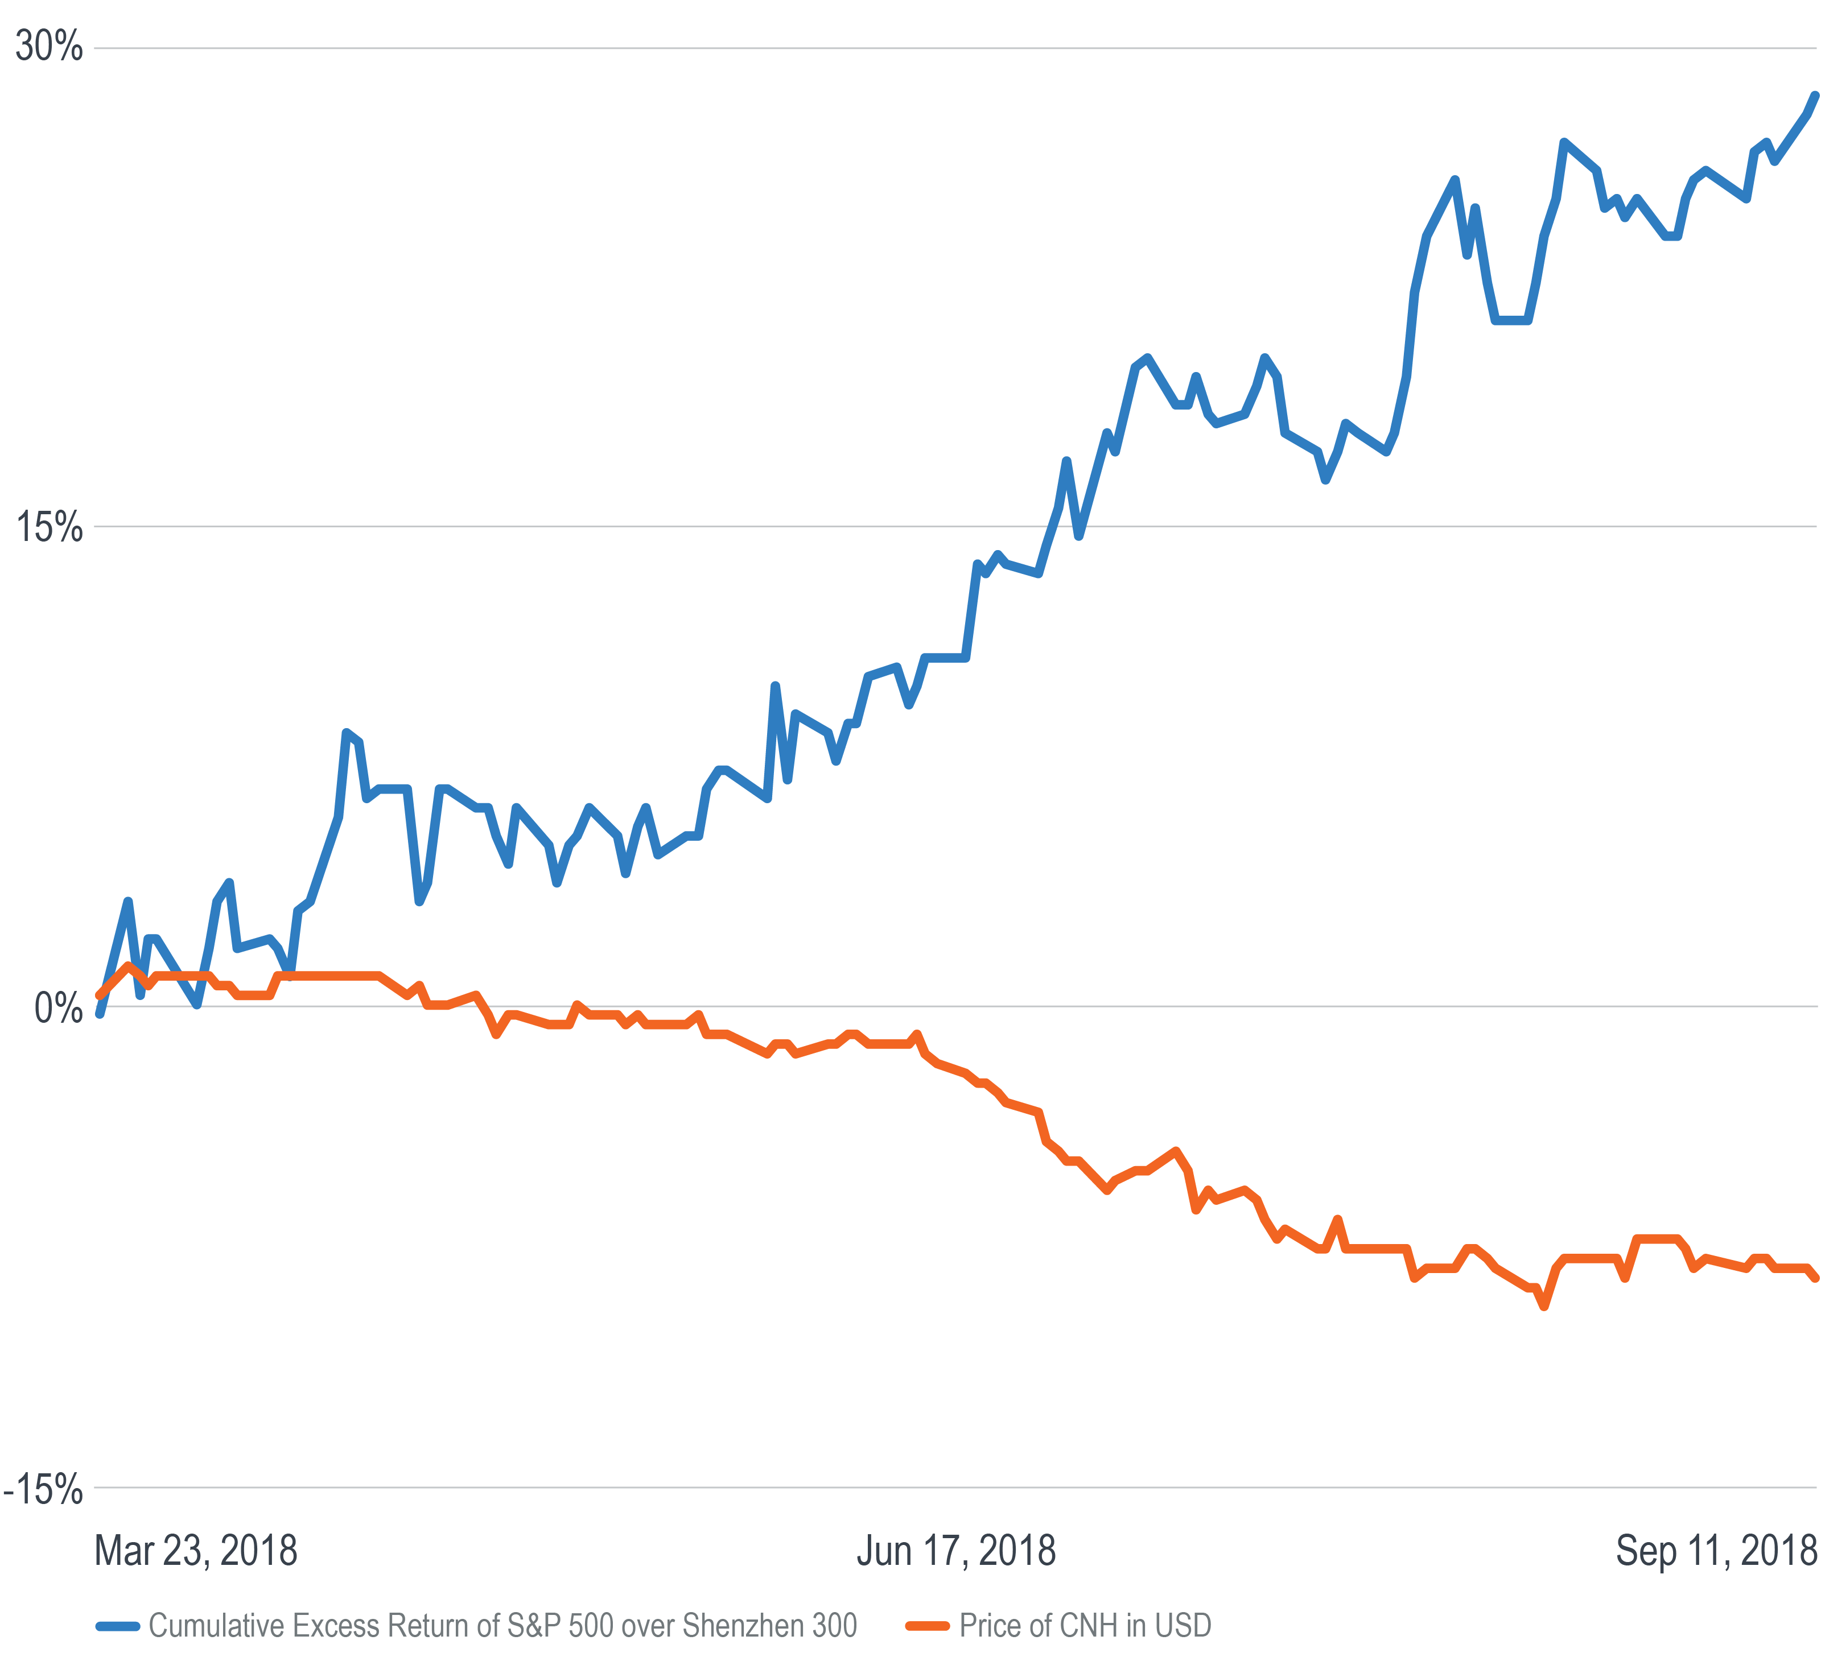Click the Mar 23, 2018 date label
click(x=196, y=1551)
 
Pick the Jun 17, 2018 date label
click(x=955, y=1551)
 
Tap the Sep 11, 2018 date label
click(x=1715, y=1551)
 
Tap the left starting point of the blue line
click(x=100, y=1014)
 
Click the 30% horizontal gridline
click(x=903, y=48)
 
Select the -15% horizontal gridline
click(x=903, y=1487)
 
